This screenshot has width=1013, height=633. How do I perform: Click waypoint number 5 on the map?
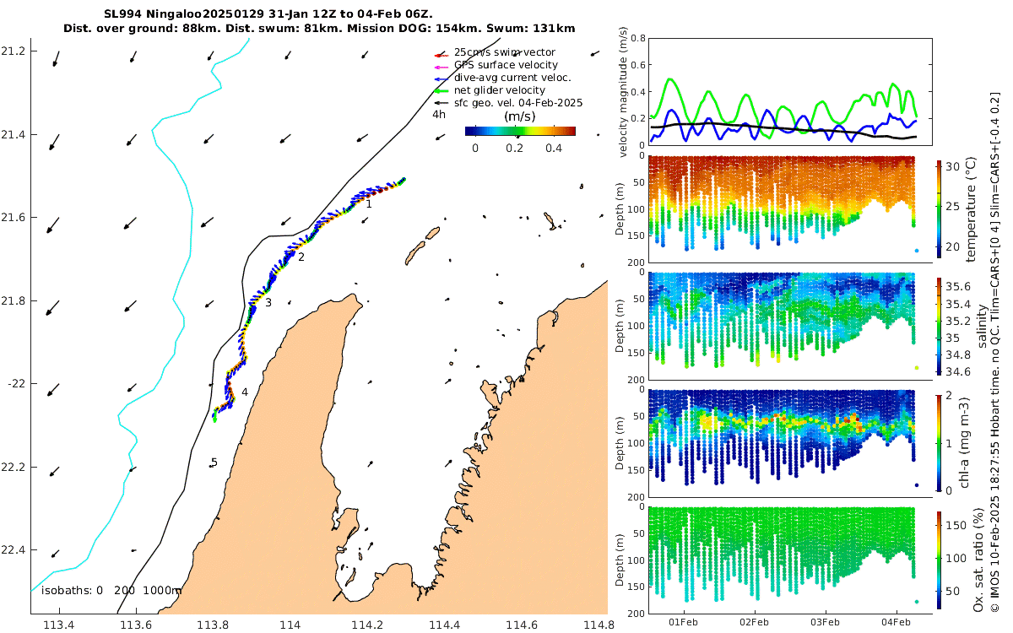[214, 463]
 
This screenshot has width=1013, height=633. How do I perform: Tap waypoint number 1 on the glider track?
[369, 203]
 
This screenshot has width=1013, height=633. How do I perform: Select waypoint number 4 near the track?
[245, 392]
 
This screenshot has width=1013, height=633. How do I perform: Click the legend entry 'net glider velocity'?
[499, 90]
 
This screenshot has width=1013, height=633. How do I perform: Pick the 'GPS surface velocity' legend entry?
[506, 65]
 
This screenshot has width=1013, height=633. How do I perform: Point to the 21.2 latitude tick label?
[14, 51]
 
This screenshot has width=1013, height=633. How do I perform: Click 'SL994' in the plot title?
[120, 14]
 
